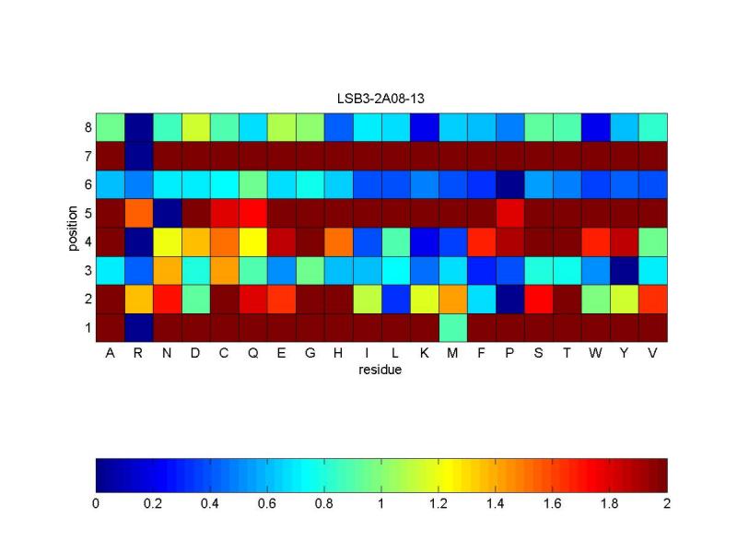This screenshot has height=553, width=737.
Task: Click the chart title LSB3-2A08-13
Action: pos(381,97)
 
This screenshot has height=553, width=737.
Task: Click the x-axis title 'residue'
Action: pos(381,371)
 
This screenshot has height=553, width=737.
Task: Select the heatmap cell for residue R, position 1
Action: pos(138,327)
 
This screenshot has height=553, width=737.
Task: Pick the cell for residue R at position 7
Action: pos(138,156)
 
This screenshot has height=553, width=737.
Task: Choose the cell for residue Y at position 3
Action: pos(625,270)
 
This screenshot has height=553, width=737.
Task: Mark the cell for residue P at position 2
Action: pos(510,299)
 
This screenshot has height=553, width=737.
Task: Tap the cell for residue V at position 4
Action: pos(653,241)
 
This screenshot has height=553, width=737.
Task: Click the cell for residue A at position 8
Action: pos(110,127)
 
